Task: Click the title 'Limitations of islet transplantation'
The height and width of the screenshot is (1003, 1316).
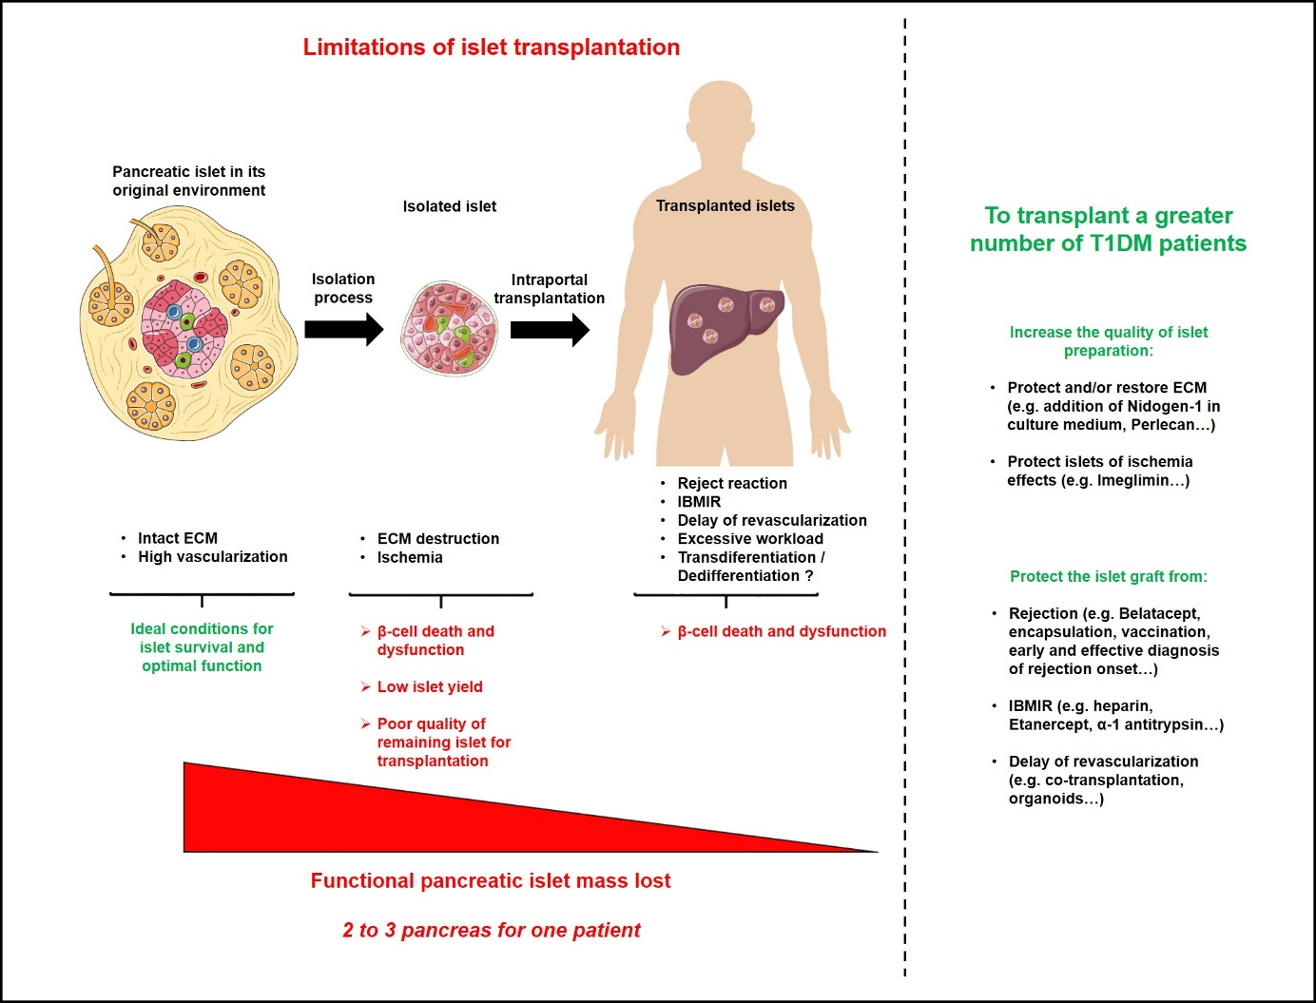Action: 491,48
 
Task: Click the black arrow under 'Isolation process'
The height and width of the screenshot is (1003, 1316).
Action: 343,330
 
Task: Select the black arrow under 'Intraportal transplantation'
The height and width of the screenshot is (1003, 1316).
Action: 550,330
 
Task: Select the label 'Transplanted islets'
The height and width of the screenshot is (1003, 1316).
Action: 725,205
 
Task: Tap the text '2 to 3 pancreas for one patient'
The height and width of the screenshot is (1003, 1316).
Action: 491,930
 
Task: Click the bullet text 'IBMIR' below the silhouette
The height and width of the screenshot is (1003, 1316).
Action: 699,502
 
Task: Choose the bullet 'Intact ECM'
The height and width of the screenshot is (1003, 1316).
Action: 177,538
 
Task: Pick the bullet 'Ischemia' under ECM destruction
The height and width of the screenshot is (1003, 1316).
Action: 410,557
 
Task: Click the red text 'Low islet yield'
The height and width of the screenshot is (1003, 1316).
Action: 430,686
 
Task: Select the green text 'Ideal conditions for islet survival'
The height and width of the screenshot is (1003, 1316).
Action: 202,646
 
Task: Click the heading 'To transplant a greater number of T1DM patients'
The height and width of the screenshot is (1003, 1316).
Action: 1108,229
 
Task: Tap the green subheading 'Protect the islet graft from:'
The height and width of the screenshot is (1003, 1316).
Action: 1108,576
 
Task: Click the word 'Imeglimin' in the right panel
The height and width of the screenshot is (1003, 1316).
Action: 1133,480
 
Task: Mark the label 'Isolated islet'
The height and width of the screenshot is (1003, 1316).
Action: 449,206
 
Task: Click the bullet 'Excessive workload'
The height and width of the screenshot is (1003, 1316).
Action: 750,539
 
